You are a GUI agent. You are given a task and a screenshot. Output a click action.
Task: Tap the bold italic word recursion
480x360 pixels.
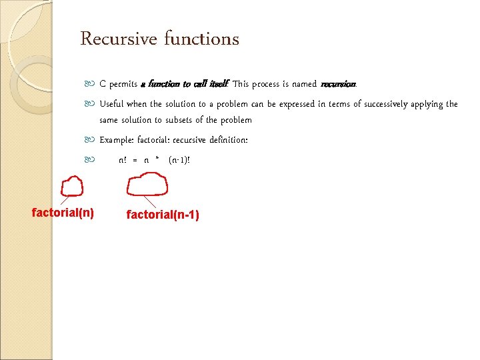point(338,85)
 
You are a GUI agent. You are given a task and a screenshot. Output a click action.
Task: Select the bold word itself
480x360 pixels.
point(218,85)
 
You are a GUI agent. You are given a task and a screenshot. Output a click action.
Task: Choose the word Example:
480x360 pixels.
point(116,140)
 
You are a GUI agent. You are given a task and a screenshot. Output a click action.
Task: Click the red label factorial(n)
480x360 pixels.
point(63,213)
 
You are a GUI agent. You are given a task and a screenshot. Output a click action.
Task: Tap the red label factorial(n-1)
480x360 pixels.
point(163,215)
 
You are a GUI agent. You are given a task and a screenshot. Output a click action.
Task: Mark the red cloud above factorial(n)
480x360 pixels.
point(71,186)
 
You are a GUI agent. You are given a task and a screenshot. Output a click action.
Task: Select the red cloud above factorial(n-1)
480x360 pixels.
point(147,184)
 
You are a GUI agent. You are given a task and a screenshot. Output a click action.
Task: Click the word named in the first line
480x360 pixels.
point(304,85)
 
